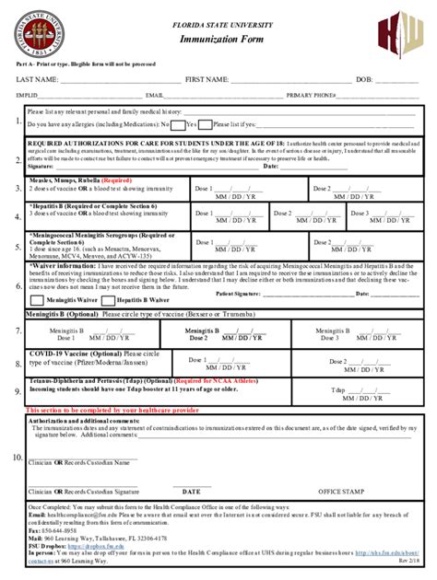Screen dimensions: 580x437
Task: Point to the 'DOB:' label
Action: (x=364, y=80)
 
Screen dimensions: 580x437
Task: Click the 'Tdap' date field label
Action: (x=337, y=389)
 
